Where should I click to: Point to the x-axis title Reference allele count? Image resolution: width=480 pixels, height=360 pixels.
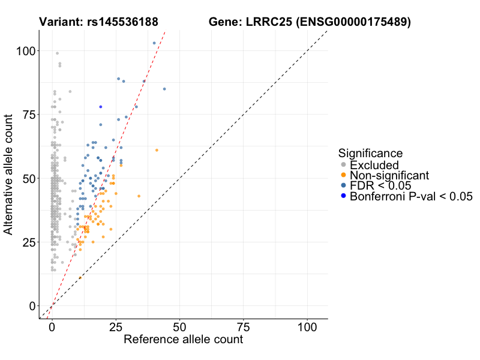click(183, 340)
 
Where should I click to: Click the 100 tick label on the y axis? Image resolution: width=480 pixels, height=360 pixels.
click(26, 51)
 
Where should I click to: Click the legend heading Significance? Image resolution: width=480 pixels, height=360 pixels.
click(370, 153)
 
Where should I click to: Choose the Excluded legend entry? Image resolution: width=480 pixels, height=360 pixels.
click(374, 165)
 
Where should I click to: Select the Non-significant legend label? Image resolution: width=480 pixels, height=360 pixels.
click(389, 175)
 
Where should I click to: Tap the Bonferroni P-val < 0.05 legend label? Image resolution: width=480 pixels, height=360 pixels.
click(412, 196)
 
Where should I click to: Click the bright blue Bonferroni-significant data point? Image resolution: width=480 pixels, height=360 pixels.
click(101, 107)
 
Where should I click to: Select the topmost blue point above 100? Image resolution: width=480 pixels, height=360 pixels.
click(154, 43)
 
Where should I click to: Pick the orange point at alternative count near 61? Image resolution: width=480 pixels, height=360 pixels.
click(157, 150)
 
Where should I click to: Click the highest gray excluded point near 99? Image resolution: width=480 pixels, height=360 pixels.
click(57, 53)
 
